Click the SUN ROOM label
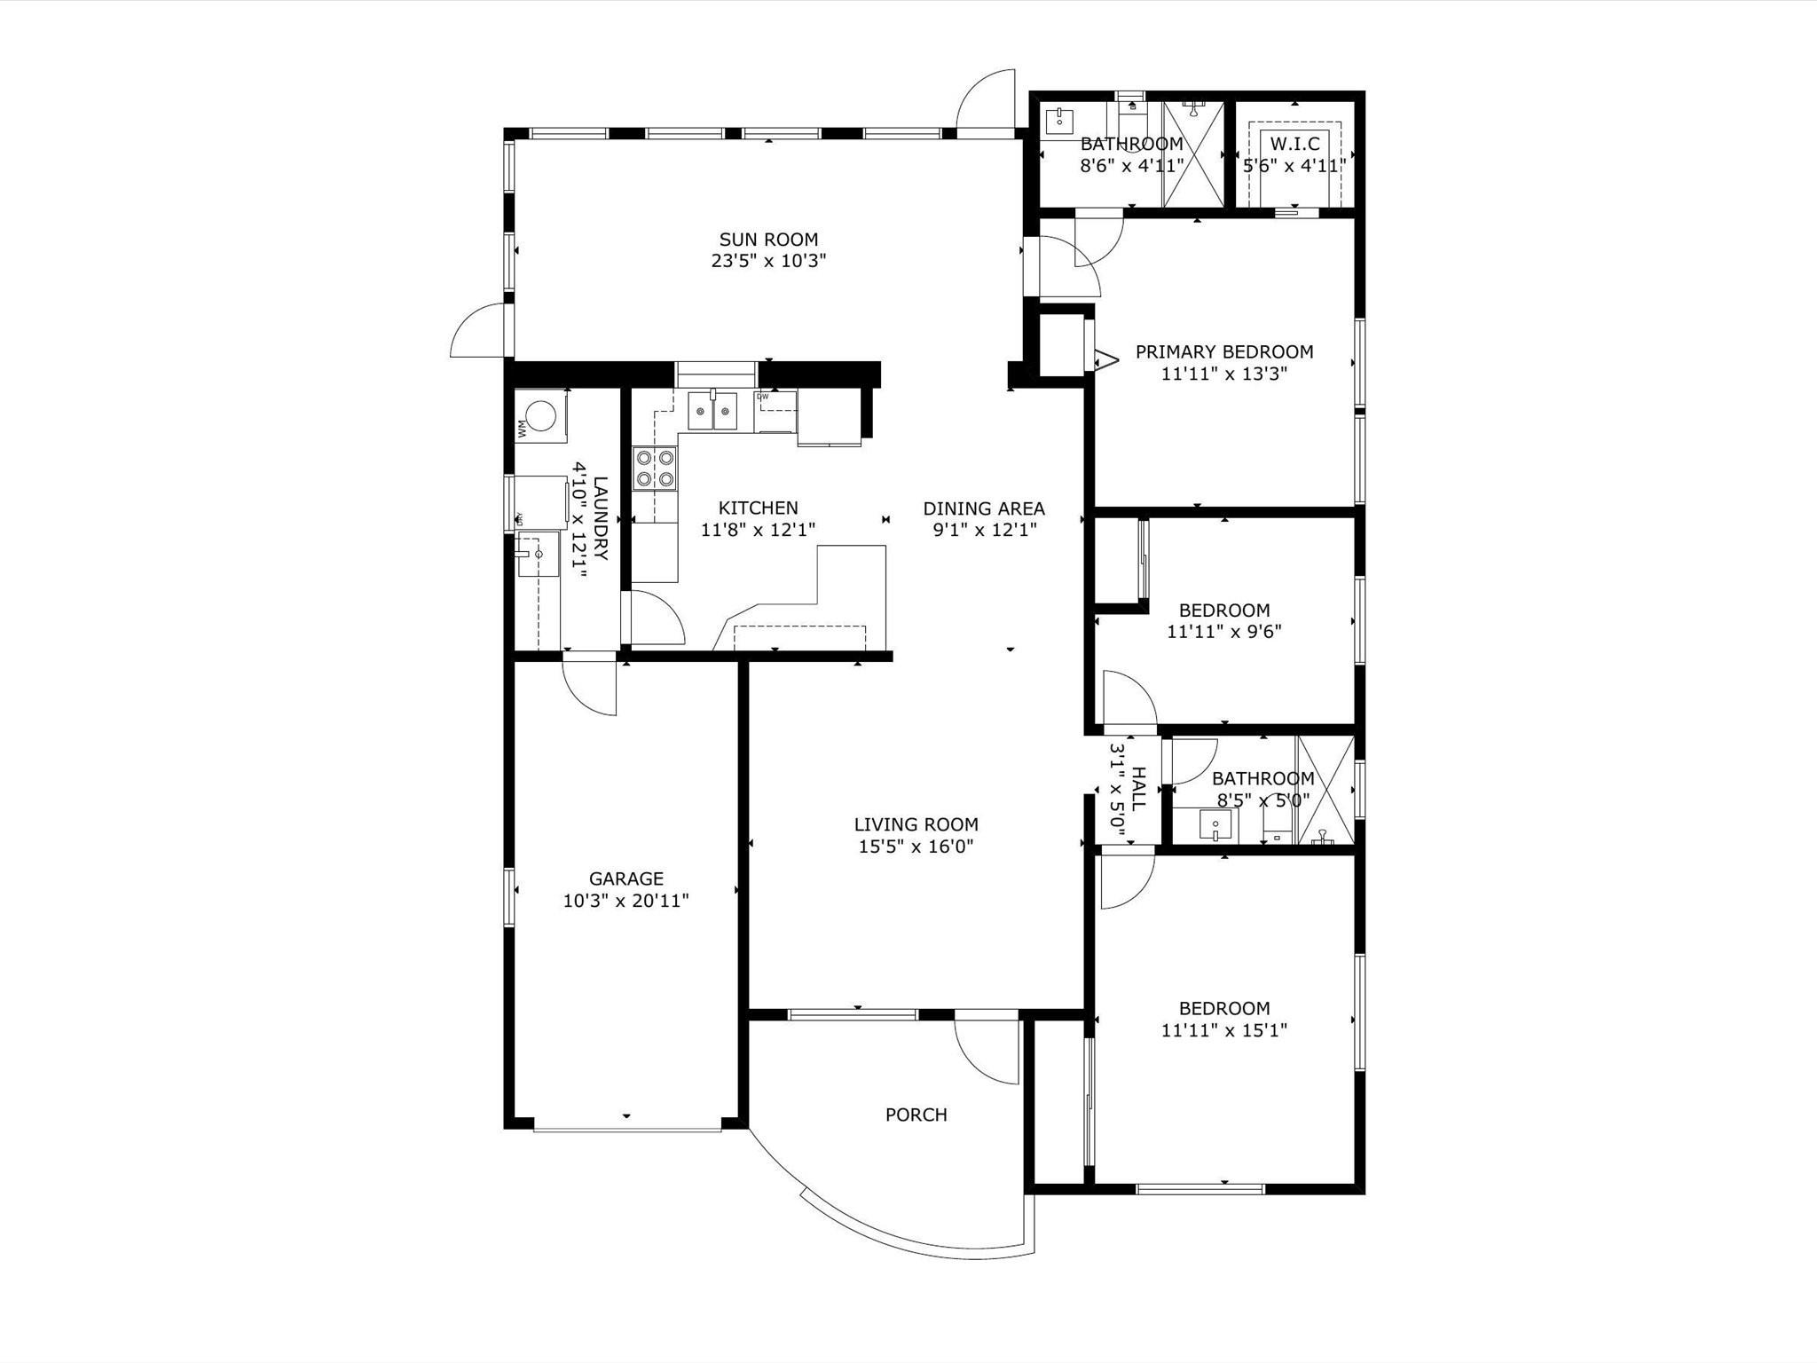(768, 240)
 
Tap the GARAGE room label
(626, 878)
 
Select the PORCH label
(916, 1115)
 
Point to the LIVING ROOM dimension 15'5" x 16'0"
(916, 847)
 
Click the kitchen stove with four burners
(654, 469)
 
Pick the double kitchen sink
(713, 411)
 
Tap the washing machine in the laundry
(541, 415)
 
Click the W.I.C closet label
(1295, 144)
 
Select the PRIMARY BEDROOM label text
(1224, 352)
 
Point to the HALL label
(1139, 789)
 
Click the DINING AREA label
(984, 508)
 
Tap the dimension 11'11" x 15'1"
(1224, 1030)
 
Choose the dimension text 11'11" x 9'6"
(1224, 632)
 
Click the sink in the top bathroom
(1059, 120)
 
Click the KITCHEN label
(759, 508)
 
